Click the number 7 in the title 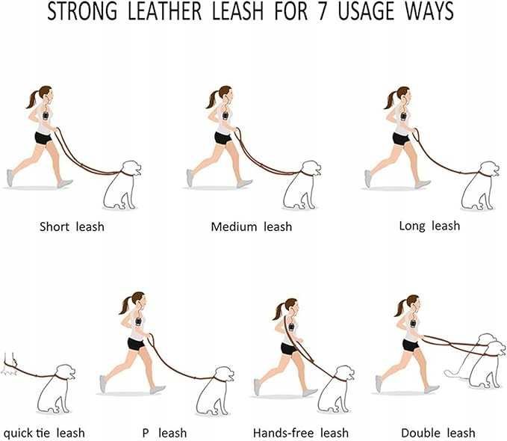click(x=322, y=11)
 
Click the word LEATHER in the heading click(x=165, y=11)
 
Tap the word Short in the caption click(x=54, y=226)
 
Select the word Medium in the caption click(x=234, y=226)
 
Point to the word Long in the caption click(x=412, y=226)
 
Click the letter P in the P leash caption click(x=146, y=433)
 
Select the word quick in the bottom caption click(x=18, y=434)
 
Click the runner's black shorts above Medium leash click(x=223, y=138)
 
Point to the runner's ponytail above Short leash click(x=32, y=99)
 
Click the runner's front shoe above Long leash click(x=423, y=184)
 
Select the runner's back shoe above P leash click(x=103, y=384)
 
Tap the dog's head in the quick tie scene click(x=66, y=373)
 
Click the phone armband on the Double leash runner click(x=413, y=323)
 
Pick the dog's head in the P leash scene click(x=225, y=374)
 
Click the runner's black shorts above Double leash click(x=411, y=345)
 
